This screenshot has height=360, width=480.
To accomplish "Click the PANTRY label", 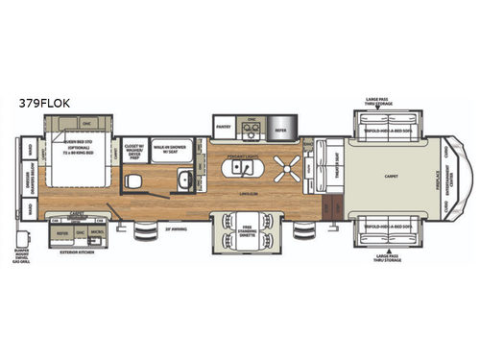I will point(225,126).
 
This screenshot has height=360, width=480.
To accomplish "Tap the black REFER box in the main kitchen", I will point(281,126).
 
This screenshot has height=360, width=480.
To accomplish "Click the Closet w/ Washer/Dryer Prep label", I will point(134,151).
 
